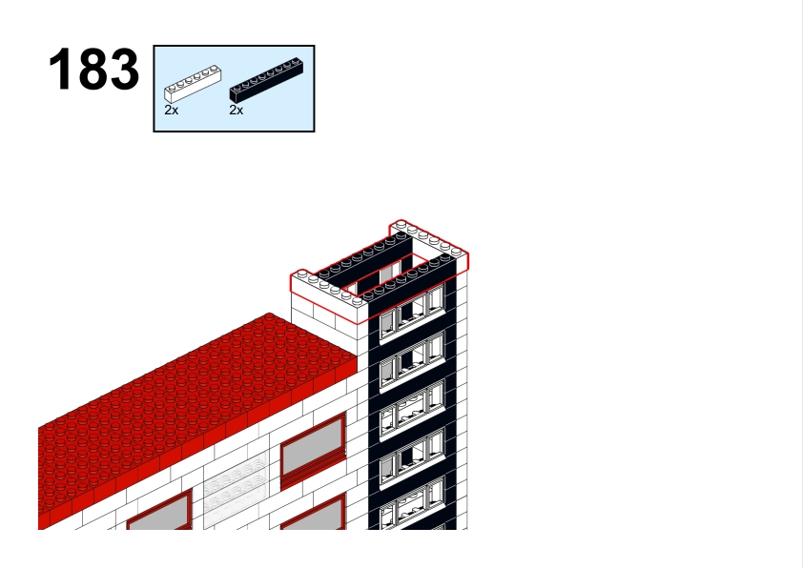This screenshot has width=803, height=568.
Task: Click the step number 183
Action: (93, 69)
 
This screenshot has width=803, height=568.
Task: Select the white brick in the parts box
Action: (193, 84)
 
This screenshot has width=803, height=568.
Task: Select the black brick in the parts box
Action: (266, 81)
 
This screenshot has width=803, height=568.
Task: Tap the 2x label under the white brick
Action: (172, 110)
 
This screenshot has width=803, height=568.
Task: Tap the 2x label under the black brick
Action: (237, 110)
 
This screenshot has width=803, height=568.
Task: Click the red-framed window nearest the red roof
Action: (314, 451)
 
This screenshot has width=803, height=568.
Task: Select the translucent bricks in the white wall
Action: (236, 489)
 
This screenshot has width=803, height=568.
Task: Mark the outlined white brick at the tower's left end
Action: (329, 290)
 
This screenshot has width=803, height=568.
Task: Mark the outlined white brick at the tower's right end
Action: (429, 244)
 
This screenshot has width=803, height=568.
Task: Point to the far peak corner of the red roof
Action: (270, 314)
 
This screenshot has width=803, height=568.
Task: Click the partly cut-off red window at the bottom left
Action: (159, 511)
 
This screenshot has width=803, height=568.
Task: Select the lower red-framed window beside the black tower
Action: (314, 513)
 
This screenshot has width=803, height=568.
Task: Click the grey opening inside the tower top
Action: (390, 273)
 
